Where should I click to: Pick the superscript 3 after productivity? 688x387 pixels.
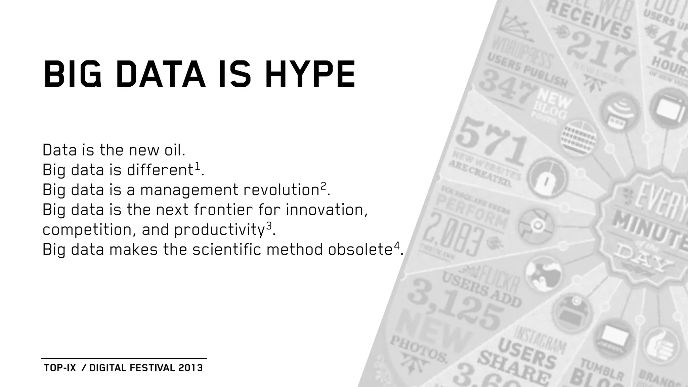pos(268,226)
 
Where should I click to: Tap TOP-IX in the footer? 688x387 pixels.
pos(60,368)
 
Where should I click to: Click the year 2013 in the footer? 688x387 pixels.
pos(190,368)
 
